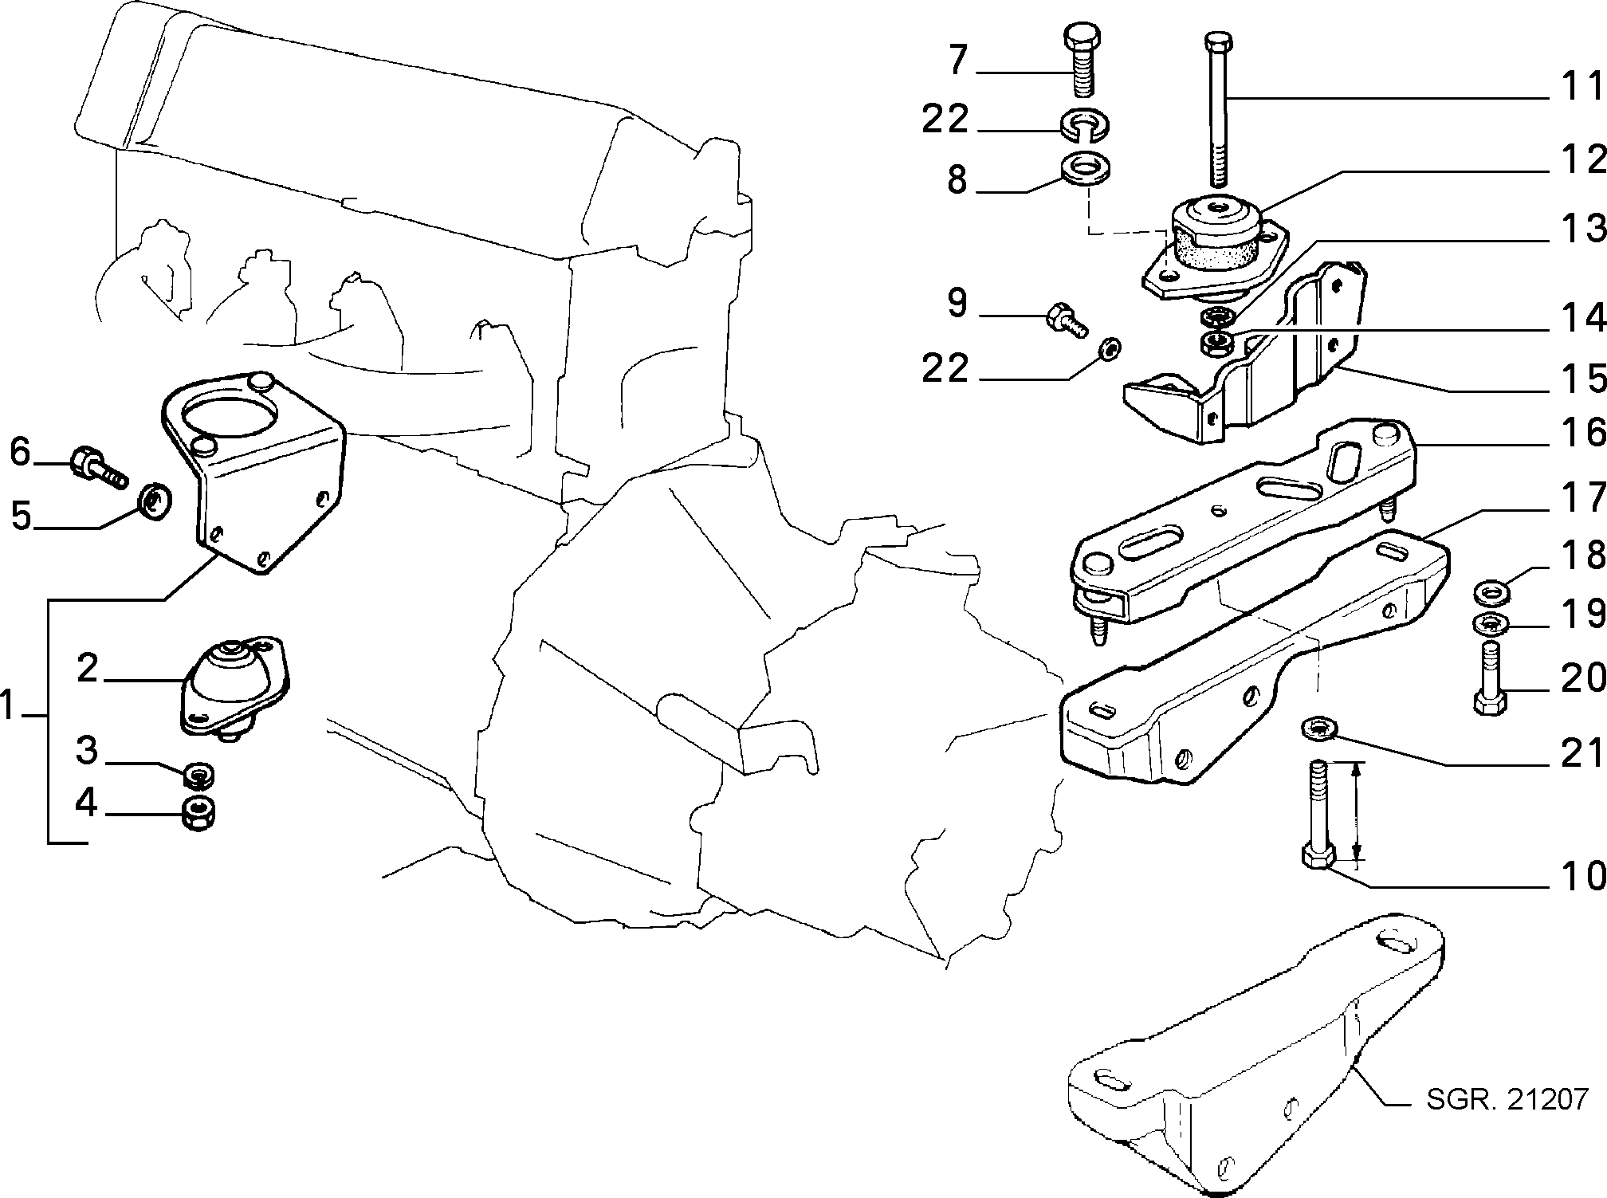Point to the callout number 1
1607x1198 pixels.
8,705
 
